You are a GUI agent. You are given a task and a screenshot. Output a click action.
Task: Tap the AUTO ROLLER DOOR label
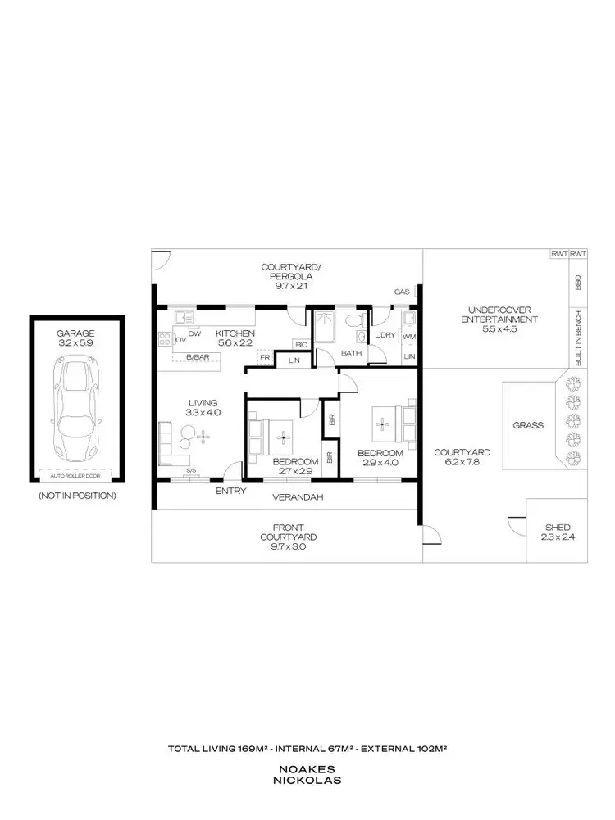pyautogui.click(x=75, y=475)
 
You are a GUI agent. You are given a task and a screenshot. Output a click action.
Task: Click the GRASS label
pyautogui.click(x=528, y=425)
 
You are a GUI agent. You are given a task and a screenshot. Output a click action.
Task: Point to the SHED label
pyautogui.click(x=557, y=527)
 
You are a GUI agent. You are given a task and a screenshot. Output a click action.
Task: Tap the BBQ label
pyautogui.click(x=578, y=282)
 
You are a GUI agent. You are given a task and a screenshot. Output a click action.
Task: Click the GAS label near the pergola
pyautogui.click(x=402, y=292)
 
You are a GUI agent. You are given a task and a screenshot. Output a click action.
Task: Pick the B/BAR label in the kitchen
pyautogui.click(x=197, y=357)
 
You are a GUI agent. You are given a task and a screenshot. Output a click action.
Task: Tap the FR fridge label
pyautogui.click(x=265, y=357)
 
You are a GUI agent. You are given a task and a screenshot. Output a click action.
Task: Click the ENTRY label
pyautogui.click(x=227, y=491)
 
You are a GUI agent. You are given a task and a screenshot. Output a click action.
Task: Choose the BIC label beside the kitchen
pyautogui.click(x=300, y=344)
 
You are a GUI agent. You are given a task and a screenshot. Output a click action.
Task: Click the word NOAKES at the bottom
pyautogui.click(x=307, y=769)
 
